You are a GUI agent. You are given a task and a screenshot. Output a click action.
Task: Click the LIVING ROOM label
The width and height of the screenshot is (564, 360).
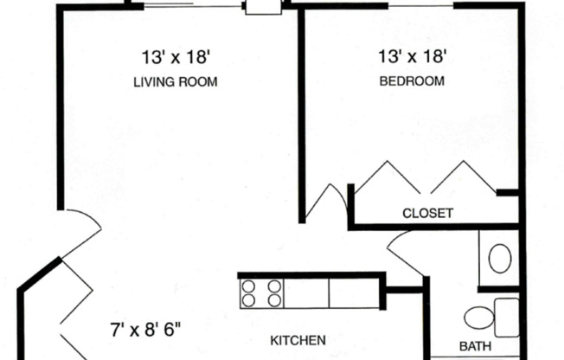point(175,83)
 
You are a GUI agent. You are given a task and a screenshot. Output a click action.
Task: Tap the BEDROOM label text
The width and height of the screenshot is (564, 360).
point(413,82)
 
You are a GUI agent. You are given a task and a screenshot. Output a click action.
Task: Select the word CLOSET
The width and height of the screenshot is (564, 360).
point(427,214)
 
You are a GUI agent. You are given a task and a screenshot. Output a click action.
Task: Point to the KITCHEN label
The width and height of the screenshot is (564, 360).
point(298,340)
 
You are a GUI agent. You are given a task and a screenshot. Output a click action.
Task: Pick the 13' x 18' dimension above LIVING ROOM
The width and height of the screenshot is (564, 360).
point(176,58)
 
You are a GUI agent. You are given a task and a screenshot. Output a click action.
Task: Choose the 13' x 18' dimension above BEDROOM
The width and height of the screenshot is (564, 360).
point(413,57)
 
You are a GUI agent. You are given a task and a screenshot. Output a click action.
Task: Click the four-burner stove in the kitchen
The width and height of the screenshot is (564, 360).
point(262,292)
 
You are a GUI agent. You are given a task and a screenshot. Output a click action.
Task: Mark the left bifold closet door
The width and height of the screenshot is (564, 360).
point(386,178)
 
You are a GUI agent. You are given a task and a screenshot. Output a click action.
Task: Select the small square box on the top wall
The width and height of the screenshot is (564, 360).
point(259,7)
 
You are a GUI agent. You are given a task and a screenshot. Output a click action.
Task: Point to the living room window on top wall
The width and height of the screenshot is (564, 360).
point(192,4)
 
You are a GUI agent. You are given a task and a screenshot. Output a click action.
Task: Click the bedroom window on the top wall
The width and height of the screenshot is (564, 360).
point(417,4)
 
